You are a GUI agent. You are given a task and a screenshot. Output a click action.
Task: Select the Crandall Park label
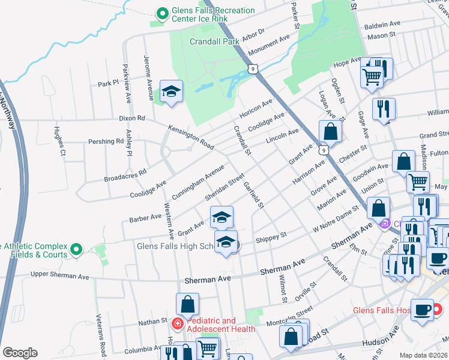(214, 41)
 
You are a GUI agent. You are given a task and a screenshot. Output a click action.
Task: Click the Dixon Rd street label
(132, 119)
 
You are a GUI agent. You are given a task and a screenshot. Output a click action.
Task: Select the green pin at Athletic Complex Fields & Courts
(76, 249)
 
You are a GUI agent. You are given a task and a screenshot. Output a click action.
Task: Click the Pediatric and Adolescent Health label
(221, 325)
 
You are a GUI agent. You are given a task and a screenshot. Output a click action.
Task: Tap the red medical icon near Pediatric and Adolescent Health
(177, 325)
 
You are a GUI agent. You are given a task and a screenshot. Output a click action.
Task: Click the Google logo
(20, 353)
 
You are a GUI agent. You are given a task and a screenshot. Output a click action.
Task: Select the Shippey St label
(271, 239)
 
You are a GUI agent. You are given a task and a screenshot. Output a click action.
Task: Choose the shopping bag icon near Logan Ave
(330, 131)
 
